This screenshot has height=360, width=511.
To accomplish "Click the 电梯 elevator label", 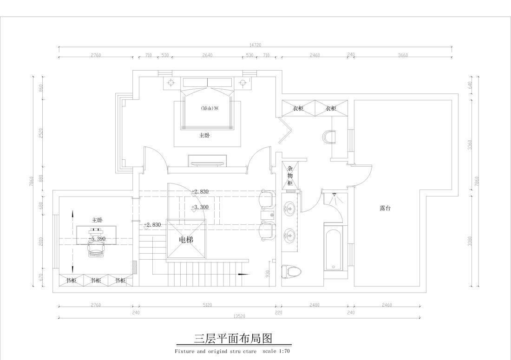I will coord(186,240).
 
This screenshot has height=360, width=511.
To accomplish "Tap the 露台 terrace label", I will coord(385,209).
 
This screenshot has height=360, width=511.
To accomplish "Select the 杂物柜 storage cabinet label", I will coord(290,176).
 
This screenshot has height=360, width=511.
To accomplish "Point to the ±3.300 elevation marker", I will coord(200,207).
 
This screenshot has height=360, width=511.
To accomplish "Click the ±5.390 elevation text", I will coord(97,238).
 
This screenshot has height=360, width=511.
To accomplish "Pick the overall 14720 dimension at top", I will coord(255,45).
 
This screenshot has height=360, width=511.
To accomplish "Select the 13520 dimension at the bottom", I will coord(239,316).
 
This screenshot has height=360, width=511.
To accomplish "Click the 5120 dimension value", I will coord(207,305).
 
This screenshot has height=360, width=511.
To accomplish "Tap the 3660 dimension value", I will coord(403,55).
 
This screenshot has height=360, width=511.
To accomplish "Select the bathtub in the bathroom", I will coord(333,248).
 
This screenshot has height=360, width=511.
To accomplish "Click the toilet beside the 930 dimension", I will coord(292,271).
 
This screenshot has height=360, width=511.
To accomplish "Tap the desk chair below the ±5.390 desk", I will coord(96,251).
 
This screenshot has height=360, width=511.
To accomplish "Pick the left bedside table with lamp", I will coord(171,83).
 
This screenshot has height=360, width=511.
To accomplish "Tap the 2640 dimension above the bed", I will coord(207,55).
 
